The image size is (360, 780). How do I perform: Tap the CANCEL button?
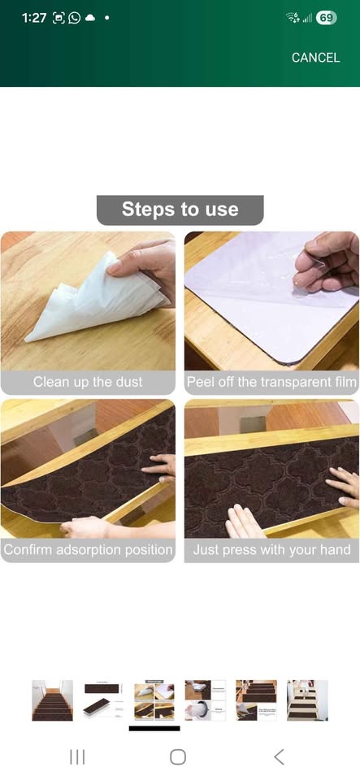click(315, 58)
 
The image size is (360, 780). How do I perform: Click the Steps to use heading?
click(180, 210)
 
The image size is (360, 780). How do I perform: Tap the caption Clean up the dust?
click(88, 382)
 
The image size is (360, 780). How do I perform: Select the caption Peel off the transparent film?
click(271, 382)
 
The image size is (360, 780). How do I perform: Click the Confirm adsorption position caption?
click(88, 550)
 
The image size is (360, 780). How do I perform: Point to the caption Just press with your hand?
click(271, 550)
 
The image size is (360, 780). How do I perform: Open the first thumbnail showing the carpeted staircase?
click(52, 700)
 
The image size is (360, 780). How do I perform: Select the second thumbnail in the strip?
click(103, 700)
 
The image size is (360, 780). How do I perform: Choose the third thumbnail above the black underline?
click(154, 700)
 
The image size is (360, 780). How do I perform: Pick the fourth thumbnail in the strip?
click(205, 700)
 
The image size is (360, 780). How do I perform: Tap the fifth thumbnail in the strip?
click(256, 700)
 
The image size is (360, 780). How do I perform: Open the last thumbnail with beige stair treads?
click(307, 700)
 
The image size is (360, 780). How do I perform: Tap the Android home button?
click(178, 757)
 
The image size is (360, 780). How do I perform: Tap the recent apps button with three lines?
click(77, 757)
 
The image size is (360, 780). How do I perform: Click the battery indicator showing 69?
click(326, 18)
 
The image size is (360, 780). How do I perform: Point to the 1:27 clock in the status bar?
click(33, 18)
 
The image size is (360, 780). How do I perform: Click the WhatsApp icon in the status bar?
click(75, 18)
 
